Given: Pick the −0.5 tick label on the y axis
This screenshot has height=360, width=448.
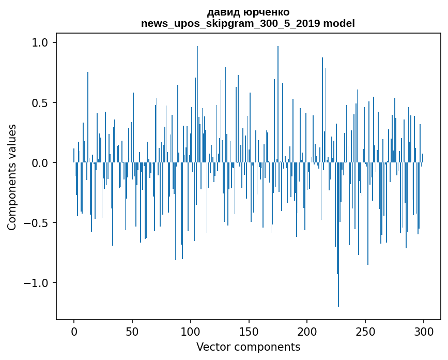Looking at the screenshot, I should [38, 223].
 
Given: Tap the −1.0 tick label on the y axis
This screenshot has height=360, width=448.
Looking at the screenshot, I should [38, 283].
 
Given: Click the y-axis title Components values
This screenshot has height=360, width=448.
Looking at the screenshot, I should [12, 177].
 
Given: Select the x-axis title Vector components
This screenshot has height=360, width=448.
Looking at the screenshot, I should [248, 347].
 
